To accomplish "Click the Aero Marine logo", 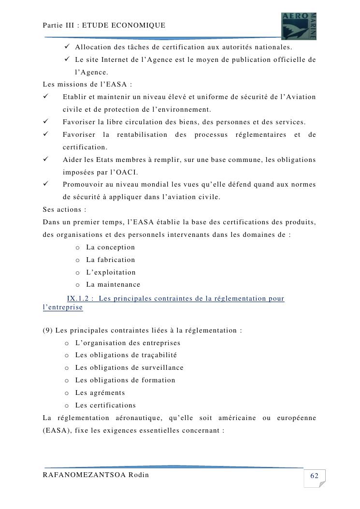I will (299, 26).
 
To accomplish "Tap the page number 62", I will (314, 476).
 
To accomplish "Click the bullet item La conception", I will (110, 247).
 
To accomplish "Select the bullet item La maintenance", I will (113, 285).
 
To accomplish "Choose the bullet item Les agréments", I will (100, 393).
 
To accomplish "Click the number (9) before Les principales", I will (48, 331).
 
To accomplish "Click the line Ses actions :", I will (64, 210).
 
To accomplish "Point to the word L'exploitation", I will (111, 273).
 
